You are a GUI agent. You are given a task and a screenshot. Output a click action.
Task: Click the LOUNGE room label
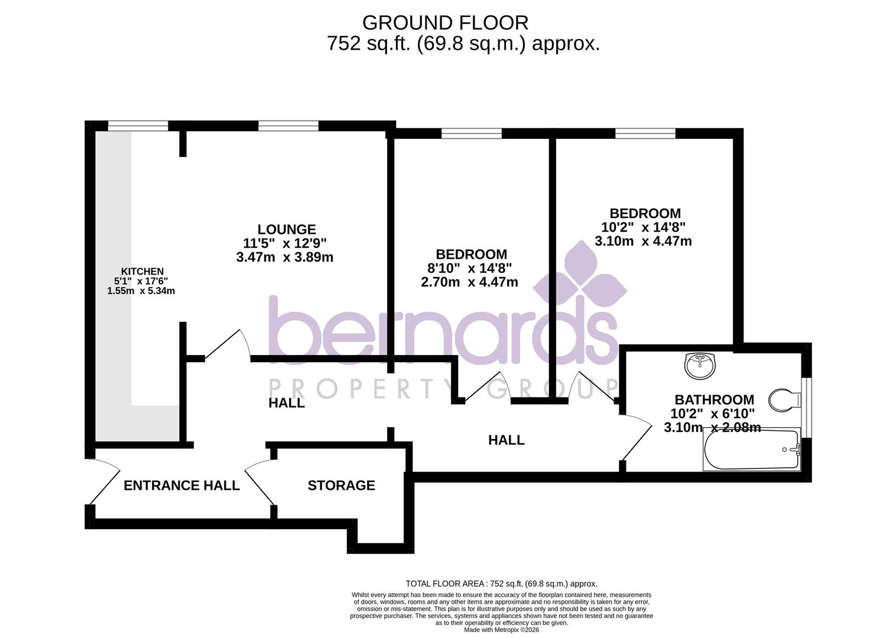click(287, 229)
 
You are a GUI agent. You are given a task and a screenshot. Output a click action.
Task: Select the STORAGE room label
click(341, 486)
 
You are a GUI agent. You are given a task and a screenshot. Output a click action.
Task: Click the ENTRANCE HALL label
click(181, 486)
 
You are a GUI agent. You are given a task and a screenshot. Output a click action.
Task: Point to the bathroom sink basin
click(700, 366)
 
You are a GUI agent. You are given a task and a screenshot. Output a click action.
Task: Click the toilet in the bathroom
click(784, 401)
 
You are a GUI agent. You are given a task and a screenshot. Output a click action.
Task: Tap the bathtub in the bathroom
click(751, 450)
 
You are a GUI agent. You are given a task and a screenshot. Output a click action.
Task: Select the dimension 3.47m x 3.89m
click(284, 258)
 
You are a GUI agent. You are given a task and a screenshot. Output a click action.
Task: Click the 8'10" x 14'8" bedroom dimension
click(469, 268)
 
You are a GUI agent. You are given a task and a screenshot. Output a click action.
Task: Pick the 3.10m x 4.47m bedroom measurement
click(643, 241)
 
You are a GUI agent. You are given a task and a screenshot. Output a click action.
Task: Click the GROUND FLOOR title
click(445, 23)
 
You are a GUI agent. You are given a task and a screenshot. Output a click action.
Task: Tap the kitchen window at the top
click(138, 125)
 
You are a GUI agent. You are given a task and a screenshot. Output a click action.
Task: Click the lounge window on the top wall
click(288, 125)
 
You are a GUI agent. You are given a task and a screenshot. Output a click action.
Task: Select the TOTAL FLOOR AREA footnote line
click(501, 584)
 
